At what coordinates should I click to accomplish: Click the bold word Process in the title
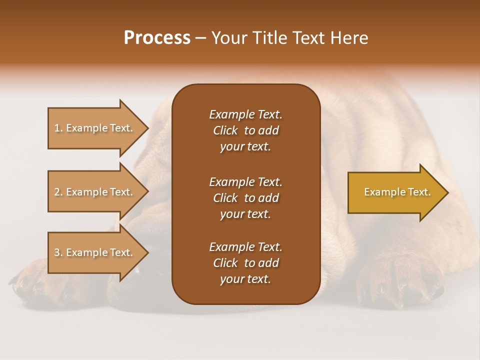pos(157,38)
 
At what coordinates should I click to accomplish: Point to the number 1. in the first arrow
pos(58,128)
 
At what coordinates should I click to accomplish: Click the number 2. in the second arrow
pos(58,192)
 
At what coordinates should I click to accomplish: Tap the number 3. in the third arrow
pos(58,252)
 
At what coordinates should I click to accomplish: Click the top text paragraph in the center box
pos(245,130)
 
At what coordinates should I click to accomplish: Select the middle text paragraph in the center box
pos(245,198)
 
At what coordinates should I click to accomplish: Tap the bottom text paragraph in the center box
pos(245,263)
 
